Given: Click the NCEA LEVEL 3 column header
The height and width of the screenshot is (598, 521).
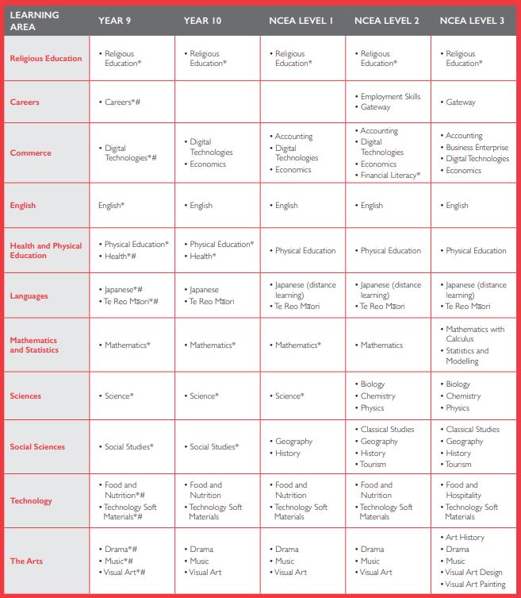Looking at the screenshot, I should pos(474,21).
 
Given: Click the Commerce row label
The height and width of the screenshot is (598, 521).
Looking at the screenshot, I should pos(30,153).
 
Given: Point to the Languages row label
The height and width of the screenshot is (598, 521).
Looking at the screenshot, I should pos(29,296).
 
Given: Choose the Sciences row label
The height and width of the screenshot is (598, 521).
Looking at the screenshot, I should pos(25,396).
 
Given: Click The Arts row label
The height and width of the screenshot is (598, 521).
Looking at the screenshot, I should pos(26,561).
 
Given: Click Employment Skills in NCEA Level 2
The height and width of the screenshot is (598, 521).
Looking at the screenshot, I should pos(390,97).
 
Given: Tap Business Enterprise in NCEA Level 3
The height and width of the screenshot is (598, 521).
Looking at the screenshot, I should pos(477,148).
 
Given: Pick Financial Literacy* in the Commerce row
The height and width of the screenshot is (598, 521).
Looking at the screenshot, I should pos(390,176).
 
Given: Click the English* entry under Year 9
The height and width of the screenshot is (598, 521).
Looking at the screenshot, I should pos(111,206).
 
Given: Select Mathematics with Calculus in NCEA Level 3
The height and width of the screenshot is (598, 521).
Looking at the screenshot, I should pos(474,334).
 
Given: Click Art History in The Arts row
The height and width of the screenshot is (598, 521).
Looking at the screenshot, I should pos(465,538).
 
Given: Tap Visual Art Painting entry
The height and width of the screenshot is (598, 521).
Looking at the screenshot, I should pos(475,584).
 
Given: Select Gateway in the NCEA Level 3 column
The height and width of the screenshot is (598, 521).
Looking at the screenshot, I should pos(461,102).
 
